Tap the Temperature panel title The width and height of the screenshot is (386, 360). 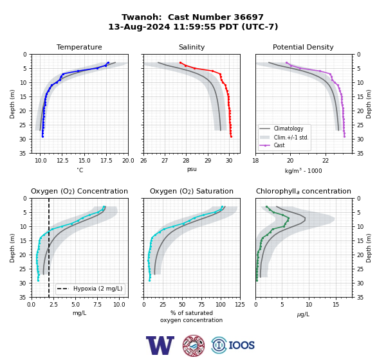(79, 47)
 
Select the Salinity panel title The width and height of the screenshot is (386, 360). (192, 47)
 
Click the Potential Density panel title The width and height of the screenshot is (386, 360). (303, 47)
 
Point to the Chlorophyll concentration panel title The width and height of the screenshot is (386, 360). (304, 191)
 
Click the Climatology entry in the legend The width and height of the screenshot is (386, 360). (288, 129)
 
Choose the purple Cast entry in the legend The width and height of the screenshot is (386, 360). (279, 145)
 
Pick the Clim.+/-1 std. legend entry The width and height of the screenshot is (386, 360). (291, 137)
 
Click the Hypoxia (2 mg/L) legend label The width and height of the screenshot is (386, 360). (98, 289)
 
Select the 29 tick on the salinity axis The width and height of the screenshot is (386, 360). (208, 161)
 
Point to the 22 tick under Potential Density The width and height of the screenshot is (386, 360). (326, 161)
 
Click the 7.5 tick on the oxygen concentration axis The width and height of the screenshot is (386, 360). (98, 305)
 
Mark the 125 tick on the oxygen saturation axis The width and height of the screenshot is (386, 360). (240, 305)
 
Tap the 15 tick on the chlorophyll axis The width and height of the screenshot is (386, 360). (336, 305)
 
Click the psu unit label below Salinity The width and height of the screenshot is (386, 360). (192, 169)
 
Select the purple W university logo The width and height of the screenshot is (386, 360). (160, 345)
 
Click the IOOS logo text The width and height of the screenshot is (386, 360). (241, 345)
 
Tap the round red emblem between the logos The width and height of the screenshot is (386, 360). (194, 345)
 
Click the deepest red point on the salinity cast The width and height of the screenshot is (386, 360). (231, 136)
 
